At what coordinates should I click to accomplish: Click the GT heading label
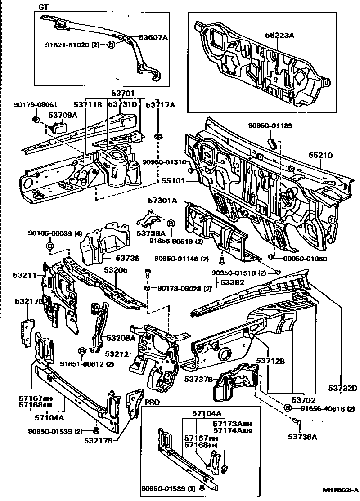[44, 7]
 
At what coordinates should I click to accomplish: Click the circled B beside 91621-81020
[111, 45]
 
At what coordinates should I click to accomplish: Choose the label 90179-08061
[29, 104]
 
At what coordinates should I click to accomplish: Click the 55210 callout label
[320, 155]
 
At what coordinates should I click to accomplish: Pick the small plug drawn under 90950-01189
[272, 143]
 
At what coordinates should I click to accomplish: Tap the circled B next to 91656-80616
[171, 224]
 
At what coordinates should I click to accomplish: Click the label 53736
[127, 259]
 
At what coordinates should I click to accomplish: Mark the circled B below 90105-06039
[50, 246]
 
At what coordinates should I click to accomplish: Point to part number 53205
[116, 270]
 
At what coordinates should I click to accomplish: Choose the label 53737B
[198, 380]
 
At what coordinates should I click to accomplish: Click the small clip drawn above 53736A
[296, 421]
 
